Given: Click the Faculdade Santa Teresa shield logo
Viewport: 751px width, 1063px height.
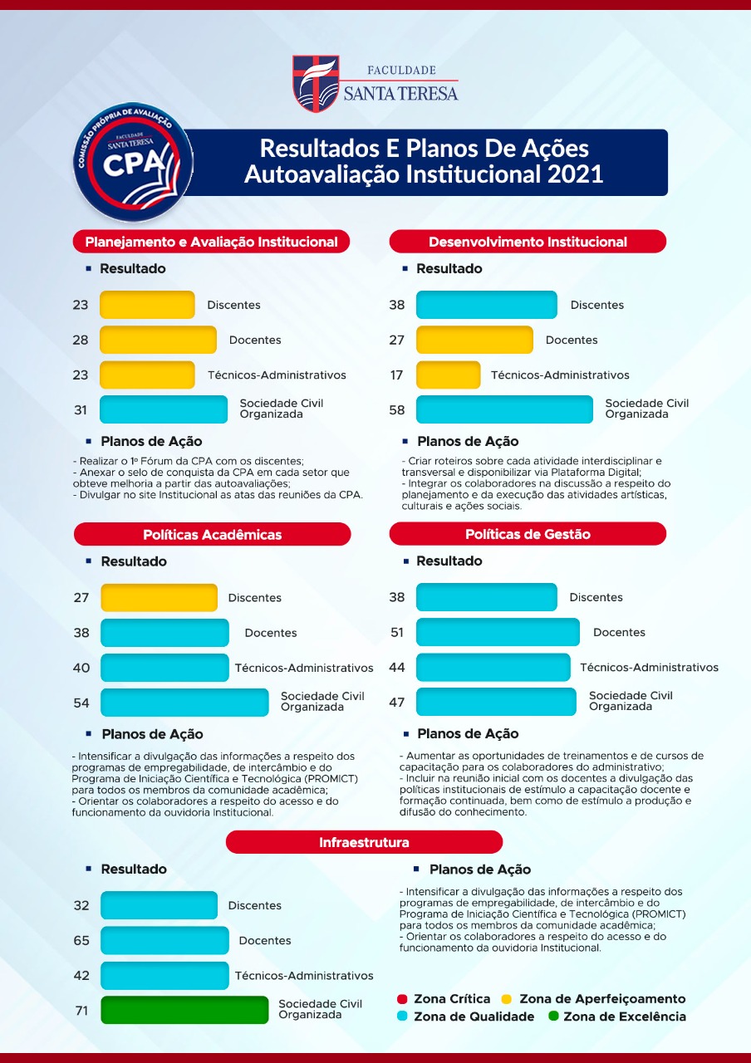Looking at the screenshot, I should click(x=316, y=83).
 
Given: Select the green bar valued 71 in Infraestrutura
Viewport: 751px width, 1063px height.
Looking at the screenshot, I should click(x=184, y=1010).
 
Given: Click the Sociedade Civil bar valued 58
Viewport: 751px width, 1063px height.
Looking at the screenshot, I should click(x=504, y=409).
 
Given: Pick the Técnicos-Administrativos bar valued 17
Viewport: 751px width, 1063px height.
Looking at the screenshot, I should click(x=448, y=375).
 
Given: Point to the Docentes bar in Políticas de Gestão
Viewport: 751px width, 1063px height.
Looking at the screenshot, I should click(x=498, y=632).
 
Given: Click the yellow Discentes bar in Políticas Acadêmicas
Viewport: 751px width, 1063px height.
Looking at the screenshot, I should click(x=159, y=598).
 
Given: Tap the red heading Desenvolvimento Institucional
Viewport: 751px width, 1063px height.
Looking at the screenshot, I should click(x=528, y=242).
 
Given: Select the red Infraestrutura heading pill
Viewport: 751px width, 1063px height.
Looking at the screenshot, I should click(x=364, y=842).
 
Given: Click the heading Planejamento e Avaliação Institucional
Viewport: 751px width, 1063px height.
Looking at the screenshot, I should click(x=211, y=242).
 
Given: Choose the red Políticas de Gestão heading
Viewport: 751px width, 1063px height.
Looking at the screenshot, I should click(x=528, y=534).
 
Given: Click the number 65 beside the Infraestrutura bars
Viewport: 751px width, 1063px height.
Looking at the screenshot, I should click(x=81, y=941).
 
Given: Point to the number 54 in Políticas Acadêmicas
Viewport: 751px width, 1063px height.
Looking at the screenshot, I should click(x=81, y=703).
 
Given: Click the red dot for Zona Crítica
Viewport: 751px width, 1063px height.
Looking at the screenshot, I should click(x=402, y=999).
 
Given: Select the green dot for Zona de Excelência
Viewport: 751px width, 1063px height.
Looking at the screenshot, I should click(x=552, y=1016).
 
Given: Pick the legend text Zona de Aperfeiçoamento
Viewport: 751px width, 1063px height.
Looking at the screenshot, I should click(x=602, y=999).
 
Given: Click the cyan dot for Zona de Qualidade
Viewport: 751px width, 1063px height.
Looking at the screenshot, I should click(x=402, y=1016).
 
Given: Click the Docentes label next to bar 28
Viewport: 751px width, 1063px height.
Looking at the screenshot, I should click(x=255, y=340).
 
